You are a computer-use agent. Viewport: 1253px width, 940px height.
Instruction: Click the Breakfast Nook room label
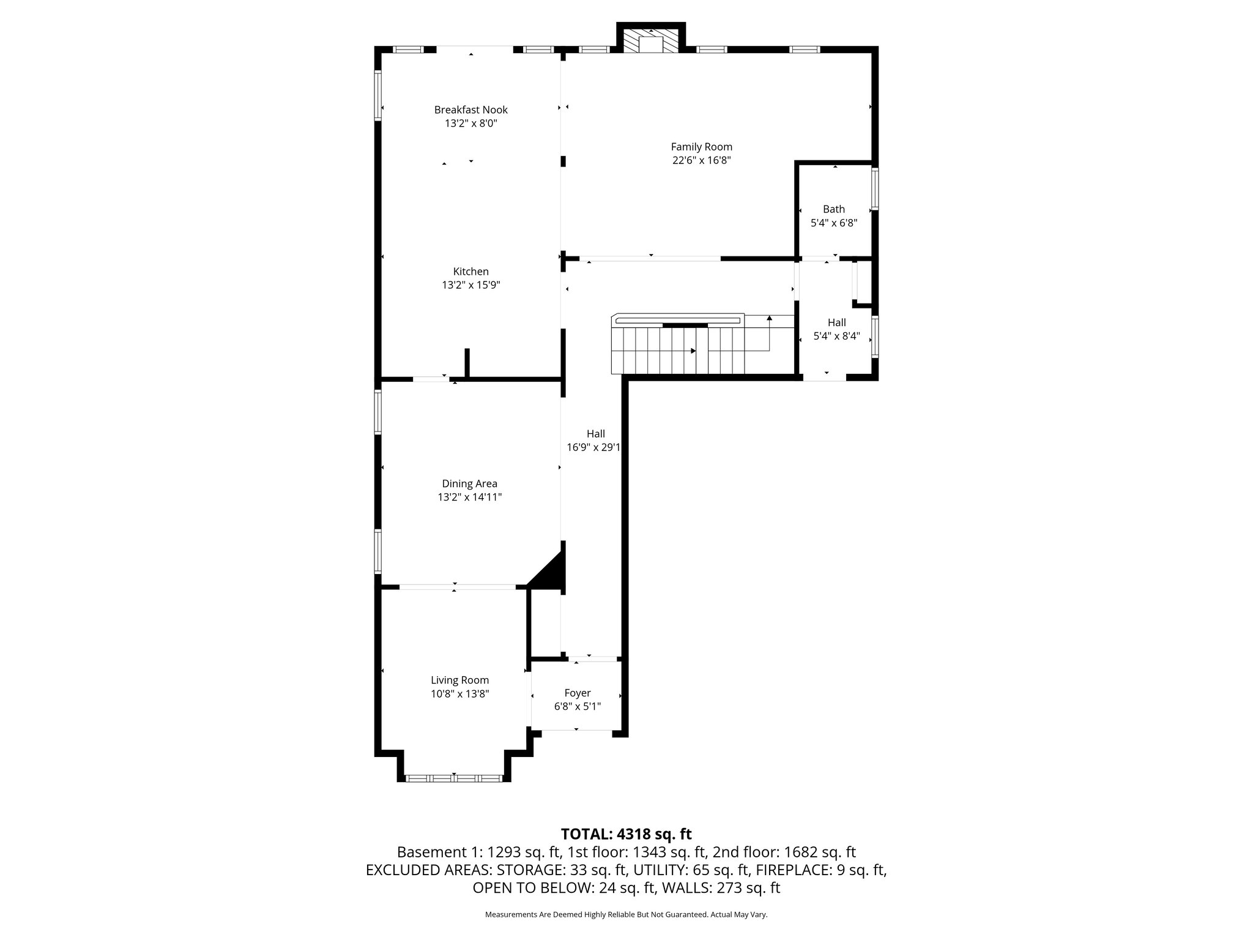[470, 110]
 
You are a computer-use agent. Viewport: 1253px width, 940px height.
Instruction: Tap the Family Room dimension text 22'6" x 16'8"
[701, 161]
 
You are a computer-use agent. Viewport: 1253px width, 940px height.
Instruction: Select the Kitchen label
[470, 272]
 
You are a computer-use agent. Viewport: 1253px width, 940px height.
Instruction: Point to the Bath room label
[833, 209]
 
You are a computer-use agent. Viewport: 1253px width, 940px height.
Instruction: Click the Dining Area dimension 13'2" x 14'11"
[469, 498]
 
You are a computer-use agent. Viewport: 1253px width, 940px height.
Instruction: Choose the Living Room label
[459, 680]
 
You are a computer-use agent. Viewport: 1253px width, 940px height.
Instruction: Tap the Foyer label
[577, 693]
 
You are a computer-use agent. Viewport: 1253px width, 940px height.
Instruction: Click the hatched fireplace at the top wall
[651, 42]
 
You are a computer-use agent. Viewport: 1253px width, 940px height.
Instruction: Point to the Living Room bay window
[454, 778]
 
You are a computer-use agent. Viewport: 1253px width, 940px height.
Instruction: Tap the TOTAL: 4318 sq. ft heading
[626, 834]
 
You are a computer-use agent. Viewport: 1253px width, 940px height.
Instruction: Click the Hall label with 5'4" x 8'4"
[836, 323]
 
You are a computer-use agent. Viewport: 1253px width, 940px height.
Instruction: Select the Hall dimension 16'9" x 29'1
[593, 448]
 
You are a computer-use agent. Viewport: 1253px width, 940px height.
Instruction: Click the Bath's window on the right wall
[875, 189]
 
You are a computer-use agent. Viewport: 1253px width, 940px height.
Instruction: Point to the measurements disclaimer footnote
[626, 914]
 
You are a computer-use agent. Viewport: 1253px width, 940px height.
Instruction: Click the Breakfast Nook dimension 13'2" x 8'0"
[470, 124]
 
